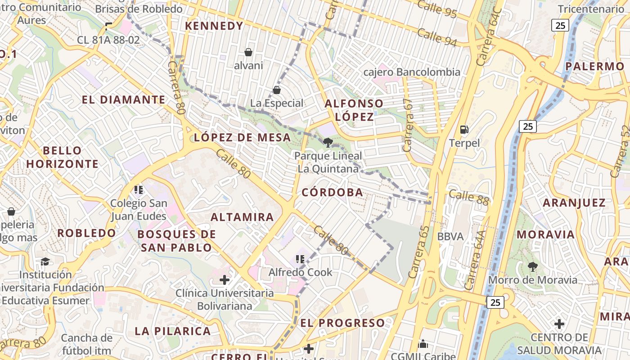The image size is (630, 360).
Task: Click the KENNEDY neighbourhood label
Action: (x=214, y=26)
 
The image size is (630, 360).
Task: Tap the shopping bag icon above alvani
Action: (x=248, y=52)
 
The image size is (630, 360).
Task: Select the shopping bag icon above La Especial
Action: (x=277, y=90)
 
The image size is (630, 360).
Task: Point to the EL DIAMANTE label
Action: (x=123, y=100)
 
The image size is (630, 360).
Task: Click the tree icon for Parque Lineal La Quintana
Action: (x=328, y=143)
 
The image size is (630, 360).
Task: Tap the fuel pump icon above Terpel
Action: (x=464, y=130)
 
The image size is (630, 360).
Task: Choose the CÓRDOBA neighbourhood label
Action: (x=332, y=193)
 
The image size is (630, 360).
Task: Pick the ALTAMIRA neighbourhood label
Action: (x=242, y=217)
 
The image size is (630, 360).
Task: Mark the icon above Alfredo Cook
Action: (x=300, y=259)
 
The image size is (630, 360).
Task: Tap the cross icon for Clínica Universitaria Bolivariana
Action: (x=225, y=280)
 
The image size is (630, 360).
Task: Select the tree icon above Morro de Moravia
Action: (x=533, y=266)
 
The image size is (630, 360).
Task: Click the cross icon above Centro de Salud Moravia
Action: (x=559, y=324)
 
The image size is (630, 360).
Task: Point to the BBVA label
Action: (x=450, y=237)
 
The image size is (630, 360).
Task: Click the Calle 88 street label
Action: (x=468, y=197)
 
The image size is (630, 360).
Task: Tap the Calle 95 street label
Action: (x=437, y=9)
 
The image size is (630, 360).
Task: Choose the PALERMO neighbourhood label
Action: (x=595, y=67)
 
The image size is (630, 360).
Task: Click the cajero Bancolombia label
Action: (x=412, y=72)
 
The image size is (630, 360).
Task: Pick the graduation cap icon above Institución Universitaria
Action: (x=45, y=262)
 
